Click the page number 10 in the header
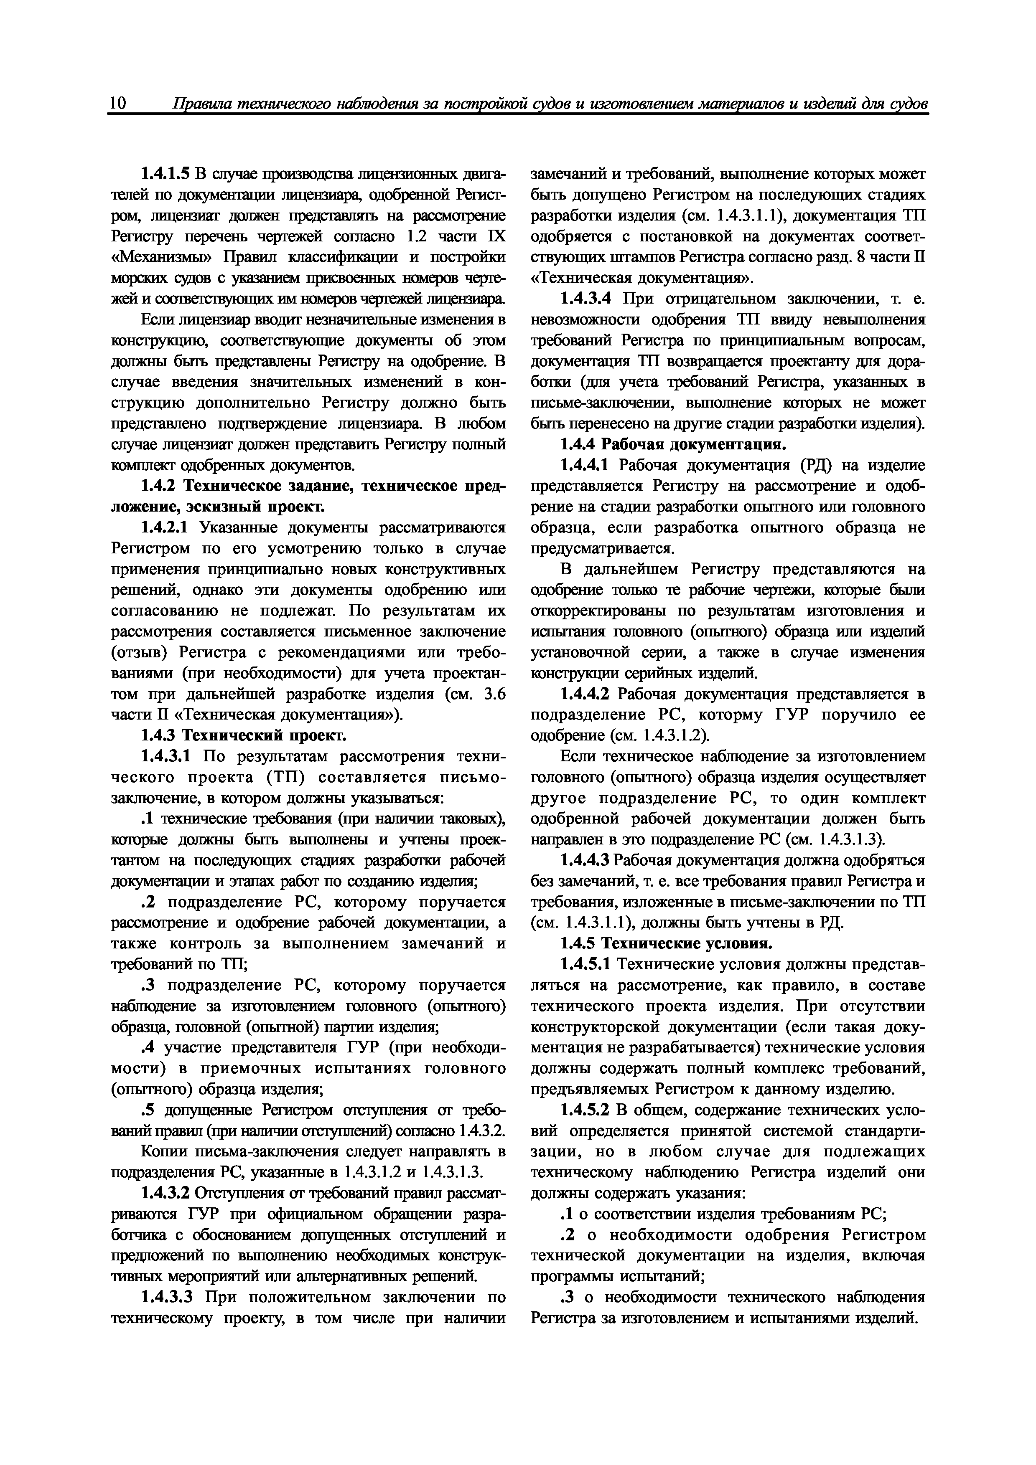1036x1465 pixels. coord(118,104)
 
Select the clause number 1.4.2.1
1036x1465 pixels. coord(165,528)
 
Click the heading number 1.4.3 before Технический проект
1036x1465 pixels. coord(159,736)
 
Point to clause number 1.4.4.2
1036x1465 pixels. coord(585,694)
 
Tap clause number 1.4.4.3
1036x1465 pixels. coord(585,861)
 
